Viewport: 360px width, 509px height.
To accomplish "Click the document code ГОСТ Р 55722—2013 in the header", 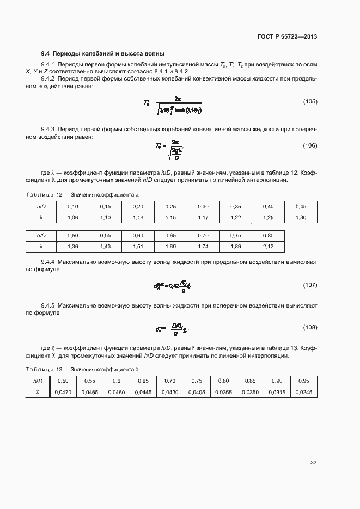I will click(287, 37).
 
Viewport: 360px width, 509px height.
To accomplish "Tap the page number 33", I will click(313, 463).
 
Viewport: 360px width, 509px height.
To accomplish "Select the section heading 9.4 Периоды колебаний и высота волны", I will click(103, 53).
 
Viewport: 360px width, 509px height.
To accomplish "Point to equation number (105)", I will click(310, 102).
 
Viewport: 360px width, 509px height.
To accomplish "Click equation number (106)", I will click(310, 145).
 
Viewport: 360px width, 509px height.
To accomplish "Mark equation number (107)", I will click(310, 285).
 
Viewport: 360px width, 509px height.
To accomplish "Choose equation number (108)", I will click(310, 327).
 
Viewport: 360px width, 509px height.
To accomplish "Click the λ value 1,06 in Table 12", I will click(72, 217).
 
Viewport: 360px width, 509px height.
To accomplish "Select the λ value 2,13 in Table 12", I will click(268, 246).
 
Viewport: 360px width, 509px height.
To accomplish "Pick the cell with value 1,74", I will click(203, 246).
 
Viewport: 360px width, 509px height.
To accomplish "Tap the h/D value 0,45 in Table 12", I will click(301, 206).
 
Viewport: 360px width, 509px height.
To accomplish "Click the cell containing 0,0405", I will click(196, 391).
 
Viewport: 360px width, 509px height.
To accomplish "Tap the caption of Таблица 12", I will click(82, 194).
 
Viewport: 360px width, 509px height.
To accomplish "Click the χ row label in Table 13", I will click(37, 391).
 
